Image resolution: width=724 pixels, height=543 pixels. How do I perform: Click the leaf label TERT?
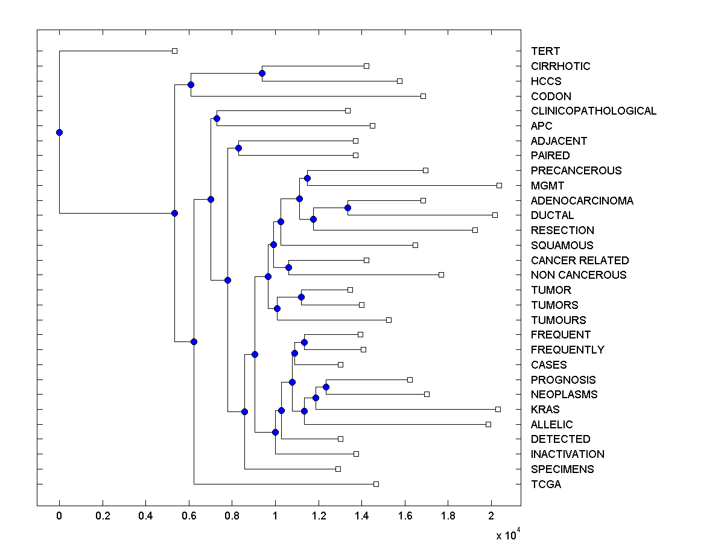coord(545,51)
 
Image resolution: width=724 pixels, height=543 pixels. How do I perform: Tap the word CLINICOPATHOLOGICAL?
coord(594,111)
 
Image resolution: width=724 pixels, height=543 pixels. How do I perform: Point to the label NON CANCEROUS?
coord(579,275)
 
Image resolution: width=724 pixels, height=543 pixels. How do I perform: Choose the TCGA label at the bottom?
coord(546,484)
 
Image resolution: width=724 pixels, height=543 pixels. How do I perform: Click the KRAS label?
coord(545,410)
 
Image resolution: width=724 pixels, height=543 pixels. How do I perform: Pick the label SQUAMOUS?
coord(562,246)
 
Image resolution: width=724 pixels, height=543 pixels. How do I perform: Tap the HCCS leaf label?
coord(546,81)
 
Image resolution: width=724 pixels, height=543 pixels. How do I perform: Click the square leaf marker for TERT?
coord(174,51)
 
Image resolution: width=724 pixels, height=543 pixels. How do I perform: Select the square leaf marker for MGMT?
coord(499,185)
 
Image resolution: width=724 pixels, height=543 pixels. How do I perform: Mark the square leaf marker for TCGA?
coord(376,484)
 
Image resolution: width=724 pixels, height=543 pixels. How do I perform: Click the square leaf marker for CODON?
coord(423,96)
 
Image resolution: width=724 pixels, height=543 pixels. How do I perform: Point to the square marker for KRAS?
coord(498,409)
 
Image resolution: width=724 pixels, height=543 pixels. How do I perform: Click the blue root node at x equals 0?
coord(59,132)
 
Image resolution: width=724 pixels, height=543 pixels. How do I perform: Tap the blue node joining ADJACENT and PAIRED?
coord(238,148)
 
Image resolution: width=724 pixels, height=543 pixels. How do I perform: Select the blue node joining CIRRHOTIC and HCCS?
coord(262,73)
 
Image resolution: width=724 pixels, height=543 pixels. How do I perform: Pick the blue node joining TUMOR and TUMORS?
coord(301,297)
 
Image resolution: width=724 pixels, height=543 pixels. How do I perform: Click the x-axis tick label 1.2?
coord(319,516)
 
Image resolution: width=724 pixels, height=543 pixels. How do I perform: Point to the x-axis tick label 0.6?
coord(189,516)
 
